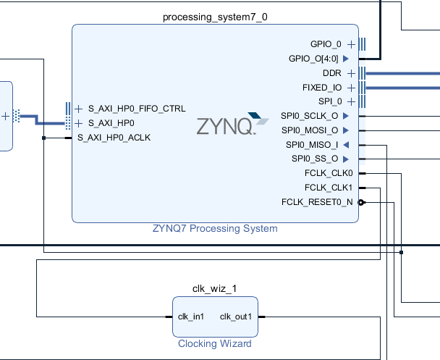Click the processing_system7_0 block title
click(x=214, y=17)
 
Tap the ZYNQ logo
click(x=227, y=125)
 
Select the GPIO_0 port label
click(x=325, y=43)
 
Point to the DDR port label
click(x=332, y=72)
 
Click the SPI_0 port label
click(x=329, y=101)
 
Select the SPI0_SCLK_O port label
click(x=309, y=116)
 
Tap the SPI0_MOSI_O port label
click(x=309, y=130)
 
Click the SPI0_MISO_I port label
click(x=311, y=145)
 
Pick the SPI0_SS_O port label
click(x=314, y=159)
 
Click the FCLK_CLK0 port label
click(x=329, y=173)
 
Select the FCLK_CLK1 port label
click(x=329, y=188)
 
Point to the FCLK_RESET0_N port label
click(x=317, y=202)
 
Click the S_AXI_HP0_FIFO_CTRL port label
click(x=136, y=109)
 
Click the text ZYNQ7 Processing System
click(x=214, y=228)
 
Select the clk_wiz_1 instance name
click(x=214, y=288)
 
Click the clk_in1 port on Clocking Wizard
click(x=190, y=317)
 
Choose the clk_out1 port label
click(x=235, y=317)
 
